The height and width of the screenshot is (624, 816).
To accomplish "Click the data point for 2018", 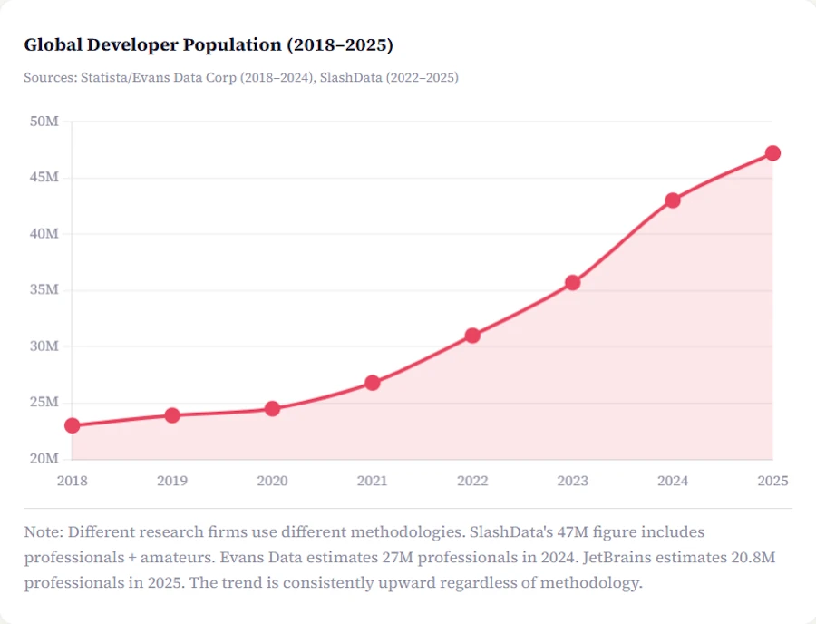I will pyautogui.click(x=73, y=425).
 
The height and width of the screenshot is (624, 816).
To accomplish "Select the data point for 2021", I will pyautogui.click(x=373, y=383).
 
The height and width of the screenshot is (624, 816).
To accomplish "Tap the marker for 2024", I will pyautogui.click(x=672, y=200).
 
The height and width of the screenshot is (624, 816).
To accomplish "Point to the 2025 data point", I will pyautogui.click(x=772, y=153).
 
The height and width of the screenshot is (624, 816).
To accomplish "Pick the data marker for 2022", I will pyautogui.click(x=472, y=336).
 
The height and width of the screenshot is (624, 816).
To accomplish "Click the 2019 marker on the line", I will pyautogui.click(x=172, y=415).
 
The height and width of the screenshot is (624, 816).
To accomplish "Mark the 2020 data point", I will pyautogui.click(x=272, y=409).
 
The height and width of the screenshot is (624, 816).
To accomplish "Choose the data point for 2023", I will pyautogui.click(x=572, y=283).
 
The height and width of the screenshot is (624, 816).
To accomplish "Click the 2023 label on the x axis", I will pyautogui.click(x=572, y=481).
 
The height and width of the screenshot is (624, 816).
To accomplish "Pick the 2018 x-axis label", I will pyautogui.click(x=73, y=481).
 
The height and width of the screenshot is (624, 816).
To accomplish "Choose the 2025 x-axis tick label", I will pyautogui.click(x=772, y=481).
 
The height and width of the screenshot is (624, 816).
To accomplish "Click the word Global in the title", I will pyautogui.click(x=51, y=44).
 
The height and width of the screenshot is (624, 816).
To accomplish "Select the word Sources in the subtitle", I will pyautogui.click(x=48, y=78).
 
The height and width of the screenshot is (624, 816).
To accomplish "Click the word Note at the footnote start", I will pyautogui.click(x=42, y=531).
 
